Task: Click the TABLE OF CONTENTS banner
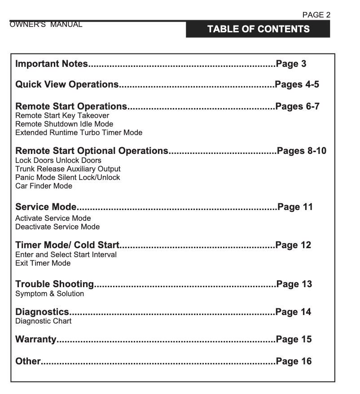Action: tap(258, 29)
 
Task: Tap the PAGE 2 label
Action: tap(316, 15)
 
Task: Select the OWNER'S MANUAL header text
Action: tap(46, 24)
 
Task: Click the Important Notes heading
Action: tap(52, 64)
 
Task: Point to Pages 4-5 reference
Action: tap(297, 84)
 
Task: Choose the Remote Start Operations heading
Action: tap(71, 106)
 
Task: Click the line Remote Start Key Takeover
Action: tap(62, 116)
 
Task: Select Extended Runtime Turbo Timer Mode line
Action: tap(79, 132)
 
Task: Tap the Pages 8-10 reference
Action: tap(302, 151)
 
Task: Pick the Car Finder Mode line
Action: tap(44, 186)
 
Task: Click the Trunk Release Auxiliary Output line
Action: tap(68, 169)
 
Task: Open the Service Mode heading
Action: tap(46, 207)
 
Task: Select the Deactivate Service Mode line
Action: tap(57, 227)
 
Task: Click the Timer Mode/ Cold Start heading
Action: tap(67, 245)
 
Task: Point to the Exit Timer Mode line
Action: tap(43, 263)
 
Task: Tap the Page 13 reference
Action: tap(294, 284)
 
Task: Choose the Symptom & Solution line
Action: tap(49, 293)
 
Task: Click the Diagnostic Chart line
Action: tap(43, 321)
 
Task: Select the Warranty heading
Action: tap(36, 339)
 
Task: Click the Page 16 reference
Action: tap(294, 361)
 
